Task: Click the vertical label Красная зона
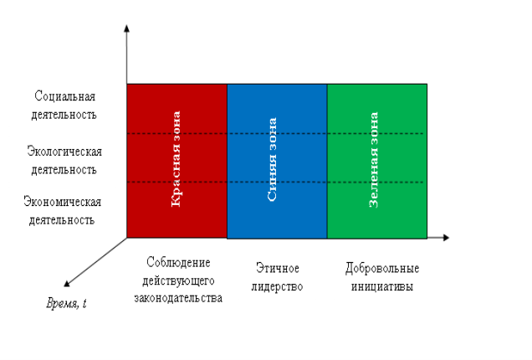[x=176, y=159]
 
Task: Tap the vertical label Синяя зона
[x=272, y=159]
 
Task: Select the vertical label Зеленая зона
[x=373, y=160]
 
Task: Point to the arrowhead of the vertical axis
[x=126, y=28]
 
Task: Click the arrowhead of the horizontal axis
[x=446, y=238]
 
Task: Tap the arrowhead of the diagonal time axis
[x=67, y=284]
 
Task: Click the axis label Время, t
[x=66, y=303]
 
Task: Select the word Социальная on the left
[x=64, y=96]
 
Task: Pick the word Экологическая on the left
[x=64, y=152]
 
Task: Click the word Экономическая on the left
[x=63, y=202]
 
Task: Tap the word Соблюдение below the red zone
[x=178, y=262]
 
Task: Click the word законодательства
[x=178, y=298]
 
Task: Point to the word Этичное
[x=278, y=268]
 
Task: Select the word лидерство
[x=277, y=286]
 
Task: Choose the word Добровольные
[x=382, y=268]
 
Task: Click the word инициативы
[x=382, y=286]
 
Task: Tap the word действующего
[x=178, y=280]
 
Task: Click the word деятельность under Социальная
[x=64, y=115]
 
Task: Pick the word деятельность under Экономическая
[x=62, y=220]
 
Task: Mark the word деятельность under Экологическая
[x=64, y=170]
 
